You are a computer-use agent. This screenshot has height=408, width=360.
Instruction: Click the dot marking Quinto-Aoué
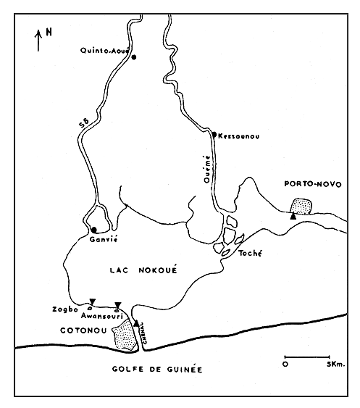click(x=133, y=57)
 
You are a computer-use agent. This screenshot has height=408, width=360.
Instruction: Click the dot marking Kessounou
click(x=214, y=133)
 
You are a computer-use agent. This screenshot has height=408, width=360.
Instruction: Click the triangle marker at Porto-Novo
click(x=292, y=216)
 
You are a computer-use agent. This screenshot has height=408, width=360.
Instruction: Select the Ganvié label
click(x=102, y=238)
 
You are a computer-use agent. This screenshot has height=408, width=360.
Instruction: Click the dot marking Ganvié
click(x=93, y=230)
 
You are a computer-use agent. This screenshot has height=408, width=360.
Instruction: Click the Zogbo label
click(x=63, y=309)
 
